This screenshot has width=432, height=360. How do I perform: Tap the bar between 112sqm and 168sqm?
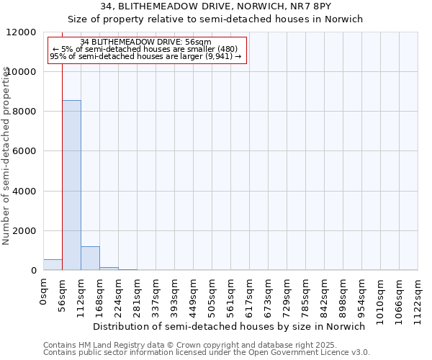pos(90,258)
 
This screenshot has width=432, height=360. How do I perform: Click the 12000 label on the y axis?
pos(22,32)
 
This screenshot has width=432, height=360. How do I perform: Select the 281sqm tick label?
pos(137,295)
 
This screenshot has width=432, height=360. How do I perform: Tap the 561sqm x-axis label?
pos(230,295)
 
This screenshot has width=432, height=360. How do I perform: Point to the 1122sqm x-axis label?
pos(418,298)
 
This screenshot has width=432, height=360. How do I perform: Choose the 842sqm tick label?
pos(324,295)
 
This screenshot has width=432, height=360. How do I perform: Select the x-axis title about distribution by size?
pos(230,326)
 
